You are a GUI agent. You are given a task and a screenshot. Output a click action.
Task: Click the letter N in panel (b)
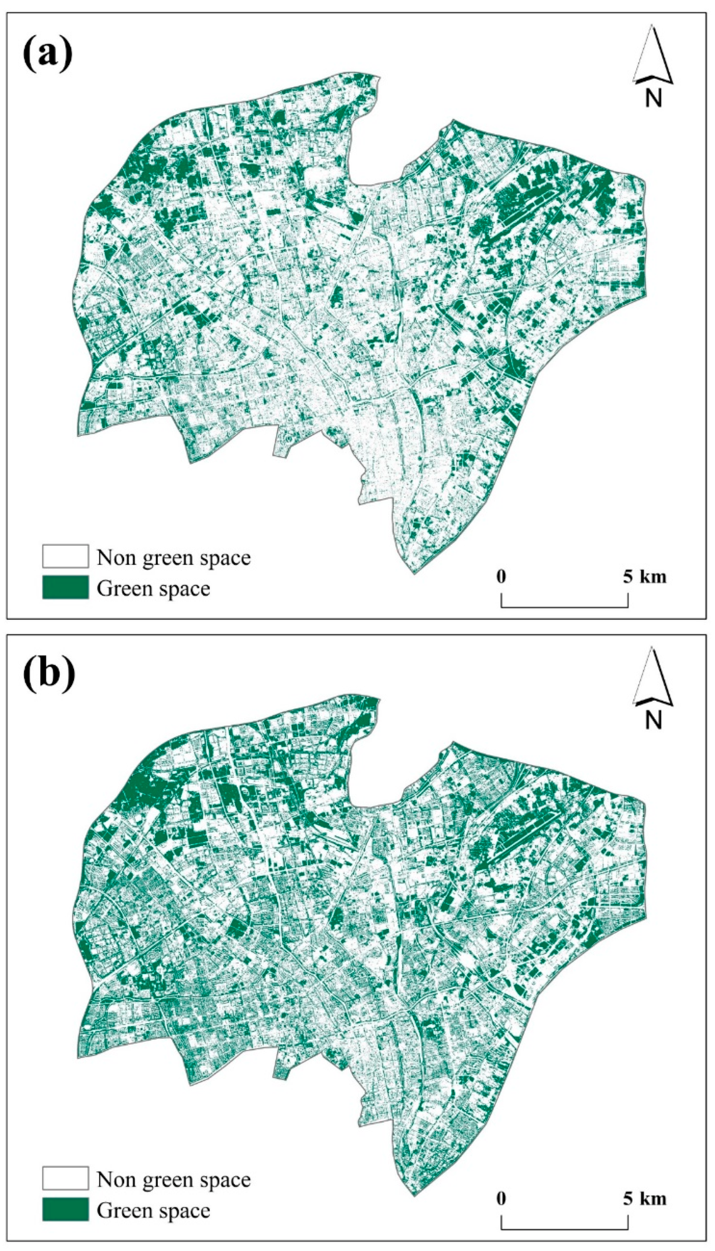(653, 720)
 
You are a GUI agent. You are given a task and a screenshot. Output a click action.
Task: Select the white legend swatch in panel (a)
(65, 556)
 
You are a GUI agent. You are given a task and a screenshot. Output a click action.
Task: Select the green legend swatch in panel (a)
(65, 588)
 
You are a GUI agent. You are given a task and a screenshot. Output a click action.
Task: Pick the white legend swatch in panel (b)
(65, 1178)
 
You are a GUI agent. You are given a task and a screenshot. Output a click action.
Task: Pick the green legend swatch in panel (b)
(65, 1209)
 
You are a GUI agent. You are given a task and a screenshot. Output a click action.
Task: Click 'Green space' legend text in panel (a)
(153, 589)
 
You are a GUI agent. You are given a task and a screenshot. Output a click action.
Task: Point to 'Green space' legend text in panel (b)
(153, 1211)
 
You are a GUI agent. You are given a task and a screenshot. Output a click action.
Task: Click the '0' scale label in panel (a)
(501, 576)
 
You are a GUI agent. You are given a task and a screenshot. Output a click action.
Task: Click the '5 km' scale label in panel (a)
(645, 576)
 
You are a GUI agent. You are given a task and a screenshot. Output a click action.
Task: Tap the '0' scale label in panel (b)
(501, 1198)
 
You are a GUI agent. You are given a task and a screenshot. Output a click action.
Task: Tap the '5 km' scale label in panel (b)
(645, 1198)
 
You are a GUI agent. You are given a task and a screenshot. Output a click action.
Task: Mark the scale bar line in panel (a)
(564, 607)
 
